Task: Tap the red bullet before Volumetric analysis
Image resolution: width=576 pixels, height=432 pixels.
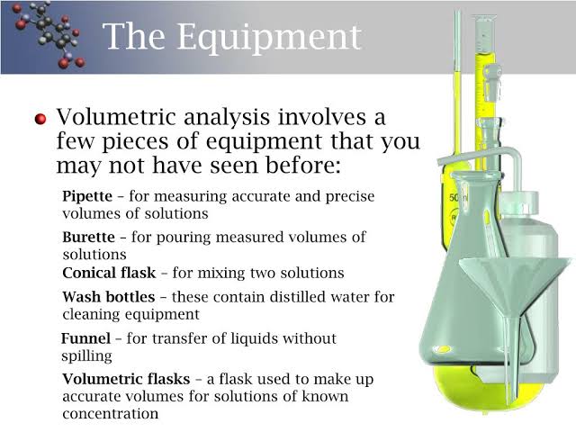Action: [x=40, y=120]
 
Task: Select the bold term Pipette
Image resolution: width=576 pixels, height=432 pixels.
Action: [x=86, y=195]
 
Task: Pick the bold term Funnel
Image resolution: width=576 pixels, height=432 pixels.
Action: [x=85, y=338]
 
